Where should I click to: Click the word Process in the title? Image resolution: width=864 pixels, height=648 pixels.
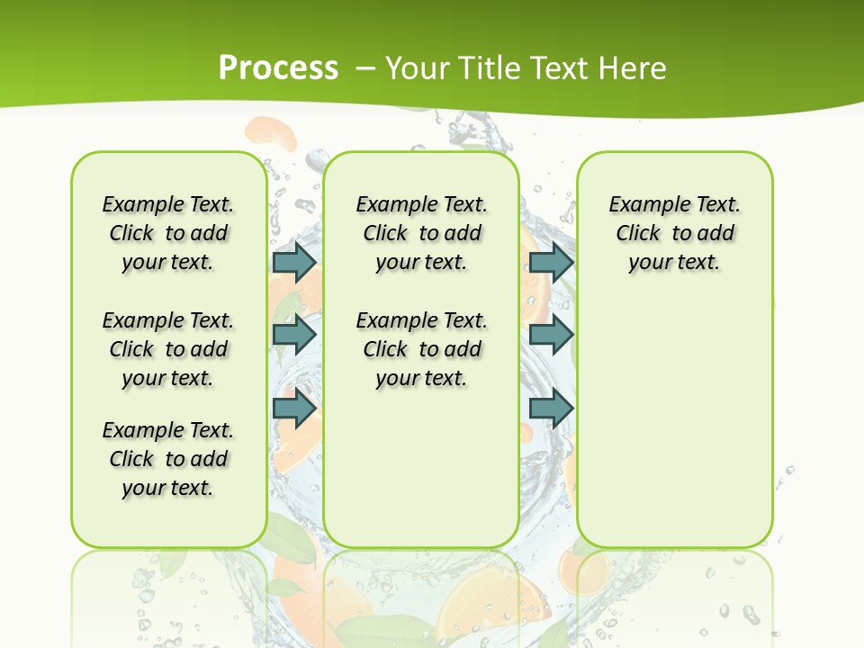(278, 67)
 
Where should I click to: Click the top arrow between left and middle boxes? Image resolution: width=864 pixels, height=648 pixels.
(294, 262)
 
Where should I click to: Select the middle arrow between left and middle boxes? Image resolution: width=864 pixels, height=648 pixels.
(294, 334)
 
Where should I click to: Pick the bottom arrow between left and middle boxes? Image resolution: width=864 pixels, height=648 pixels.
(294, 408)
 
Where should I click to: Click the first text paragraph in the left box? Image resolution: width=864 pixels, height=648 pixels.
(168, 233)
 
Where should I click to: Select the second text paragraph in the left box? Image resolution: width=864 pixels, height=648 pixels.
(168, 349)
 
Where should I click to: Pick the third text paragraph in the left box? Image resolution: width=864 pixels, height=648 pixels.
(168, 459)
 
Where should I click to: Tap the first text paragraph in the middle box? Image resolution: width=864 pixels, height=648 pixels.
(422, 233)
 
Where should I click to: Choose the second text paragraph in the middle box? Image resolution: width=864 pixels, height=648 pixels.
(422, 349)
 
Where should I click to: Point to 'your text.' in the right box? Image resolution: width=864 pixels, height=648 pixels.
(674, 263)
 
